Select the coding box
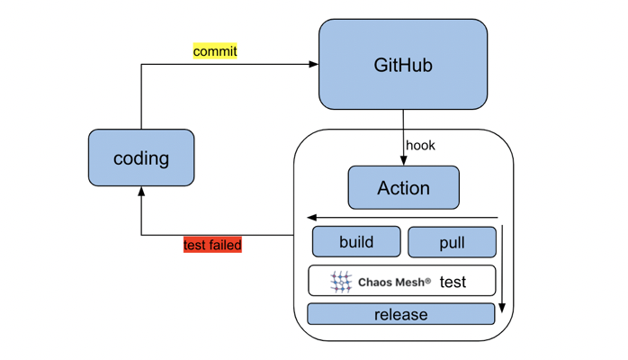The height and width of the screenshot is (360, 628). point(141,158)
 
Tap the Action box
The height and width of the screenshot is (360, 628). point(403,188)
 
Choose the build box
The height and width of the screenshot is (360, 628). point(356,242)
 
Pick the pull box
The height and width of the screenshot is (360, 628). point(452,243)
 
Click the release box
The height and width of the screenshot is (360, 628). point(400,314)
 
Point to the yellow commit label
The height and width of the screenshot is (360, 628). point(215,51)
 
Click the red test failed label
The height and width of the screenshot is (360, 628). point(212,245)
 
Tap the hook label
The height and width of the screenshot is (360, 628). point(420,145)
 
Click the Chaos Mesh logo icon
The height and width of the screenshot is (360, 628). point(341,282)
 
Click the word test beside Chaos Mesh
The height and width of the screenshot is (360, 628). point(453,283)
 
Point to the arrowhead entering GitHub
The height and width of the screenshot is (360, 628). point(314,65)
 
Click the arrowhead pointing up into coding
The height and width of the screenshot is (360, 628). point(141,192)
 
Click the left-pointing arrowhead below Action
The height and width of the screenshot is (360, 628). point(311,218)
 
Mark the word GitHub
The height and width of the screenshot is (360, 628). point(403,66)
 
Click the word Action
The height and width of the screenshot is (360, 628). point(403,188)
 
